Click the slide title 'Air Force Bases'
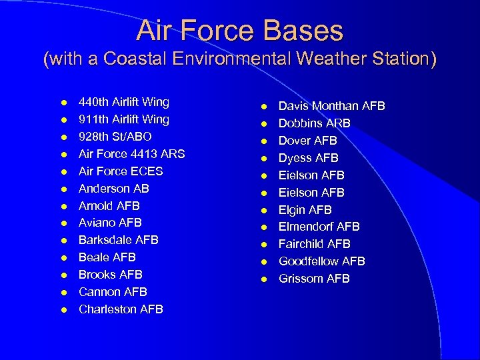[x=240, y=31]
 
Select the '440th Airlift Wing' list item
[x=123, y=103]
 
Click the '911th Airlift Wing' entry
[x=123, y=120]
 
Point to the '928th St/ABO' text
[x=115, y=137]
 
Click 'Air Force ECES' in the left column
[x=120, y=171]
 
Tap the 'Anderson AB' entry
[x=113, y=189]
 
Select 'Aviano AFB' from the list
[x=110, y=223]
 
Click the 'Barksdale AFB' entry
[x=118, y=240]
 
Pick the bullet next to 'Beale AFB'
[x=63, y=258]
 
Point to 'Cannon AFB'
[x=112, y=292]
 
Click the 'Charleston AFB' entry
[x=120, y=309]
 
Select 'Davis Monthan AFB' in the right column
[x=331, y=107]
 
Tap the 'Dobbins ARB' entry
[x=314, y=124]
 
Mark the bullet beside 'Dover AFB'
[x=263, y=141]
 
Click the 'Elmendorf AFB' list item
[x=319, y=227]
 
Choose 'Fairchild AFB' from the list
[x=314, y=244]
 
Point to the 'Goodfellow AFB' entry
[x=321, y=261]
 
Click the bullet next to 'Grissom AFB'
[x=263, y=279]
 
